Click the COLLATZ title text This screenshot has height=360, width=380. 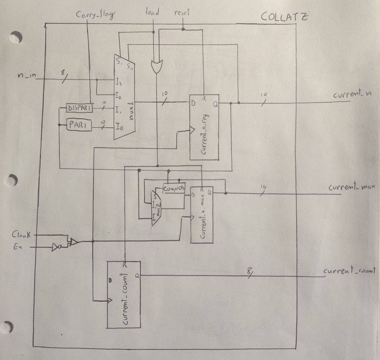click(x=285, y=17)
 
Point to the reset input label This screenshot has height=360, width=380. click(x=182, y=13)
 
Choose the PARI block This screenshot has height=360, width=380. click(x=78, y=126)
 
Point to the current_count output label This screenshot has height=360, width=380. click(x=349, y=271)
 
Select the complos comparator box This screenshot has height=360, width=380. click(x=174, y=189)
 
